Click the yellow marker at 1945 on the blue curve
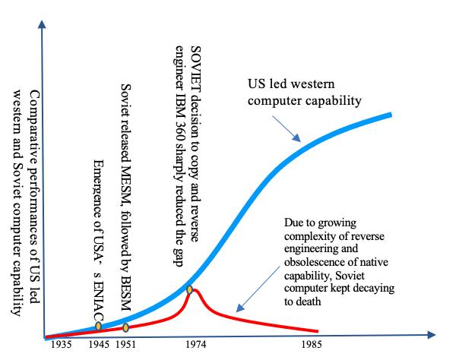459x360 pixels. [x=99, y=327]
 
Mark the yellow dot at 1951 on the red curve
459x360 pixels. [x=126, y=328]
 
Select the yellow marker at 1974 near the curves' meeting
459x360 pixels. [x=190, y=289]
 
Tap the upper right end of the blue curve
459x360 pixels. [x=391, y=115]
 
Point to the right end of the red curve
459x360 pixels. [x=318, y=330]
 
